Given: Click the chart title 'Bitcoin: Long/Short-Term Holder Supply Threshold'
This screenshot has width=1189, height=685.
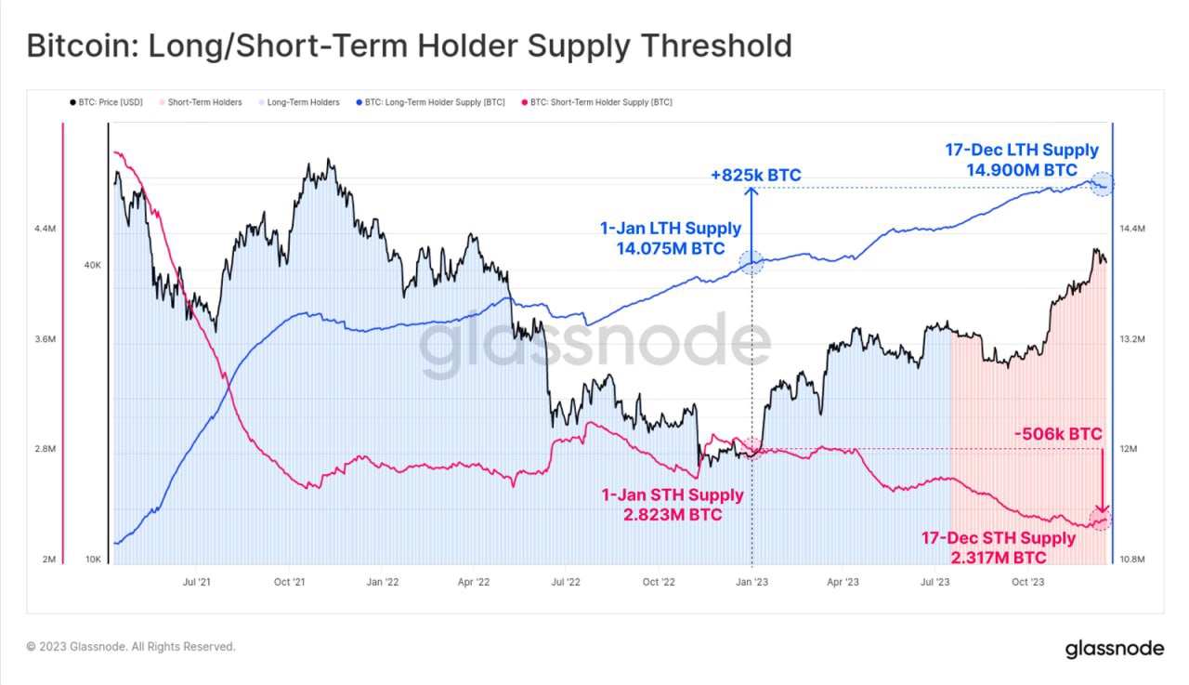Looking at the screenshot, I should tap(409, 46).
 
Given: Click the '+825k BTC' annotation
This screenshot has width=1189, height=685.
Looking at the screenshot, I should tap(755, 175).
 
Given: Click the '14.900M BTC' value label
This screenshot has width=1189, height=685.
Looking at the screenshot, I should tap(1022, 170).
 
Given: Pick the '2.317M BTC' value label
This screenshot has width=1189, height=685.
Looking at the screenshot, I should tap(999, 558).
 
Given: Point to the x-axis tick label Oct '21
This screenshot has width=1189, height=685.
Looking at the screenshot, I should tap(290, 583).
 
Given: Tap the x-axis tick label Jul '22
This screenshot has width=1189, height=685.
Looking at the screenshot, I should tap(566, 583).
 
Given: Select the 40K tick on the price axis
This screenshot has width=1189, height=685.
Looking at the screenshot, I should tap(93, 266).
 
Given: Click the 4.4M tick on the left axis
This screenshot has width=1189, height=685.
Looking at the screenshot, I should tap(44, 229).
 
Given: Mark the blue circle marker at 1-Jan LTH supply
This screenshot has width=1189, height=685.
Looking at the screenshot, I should tap(751, 263).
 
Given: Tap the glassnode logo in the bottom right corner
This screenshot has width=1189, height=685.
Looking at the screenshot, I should tap(1113, 647).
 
